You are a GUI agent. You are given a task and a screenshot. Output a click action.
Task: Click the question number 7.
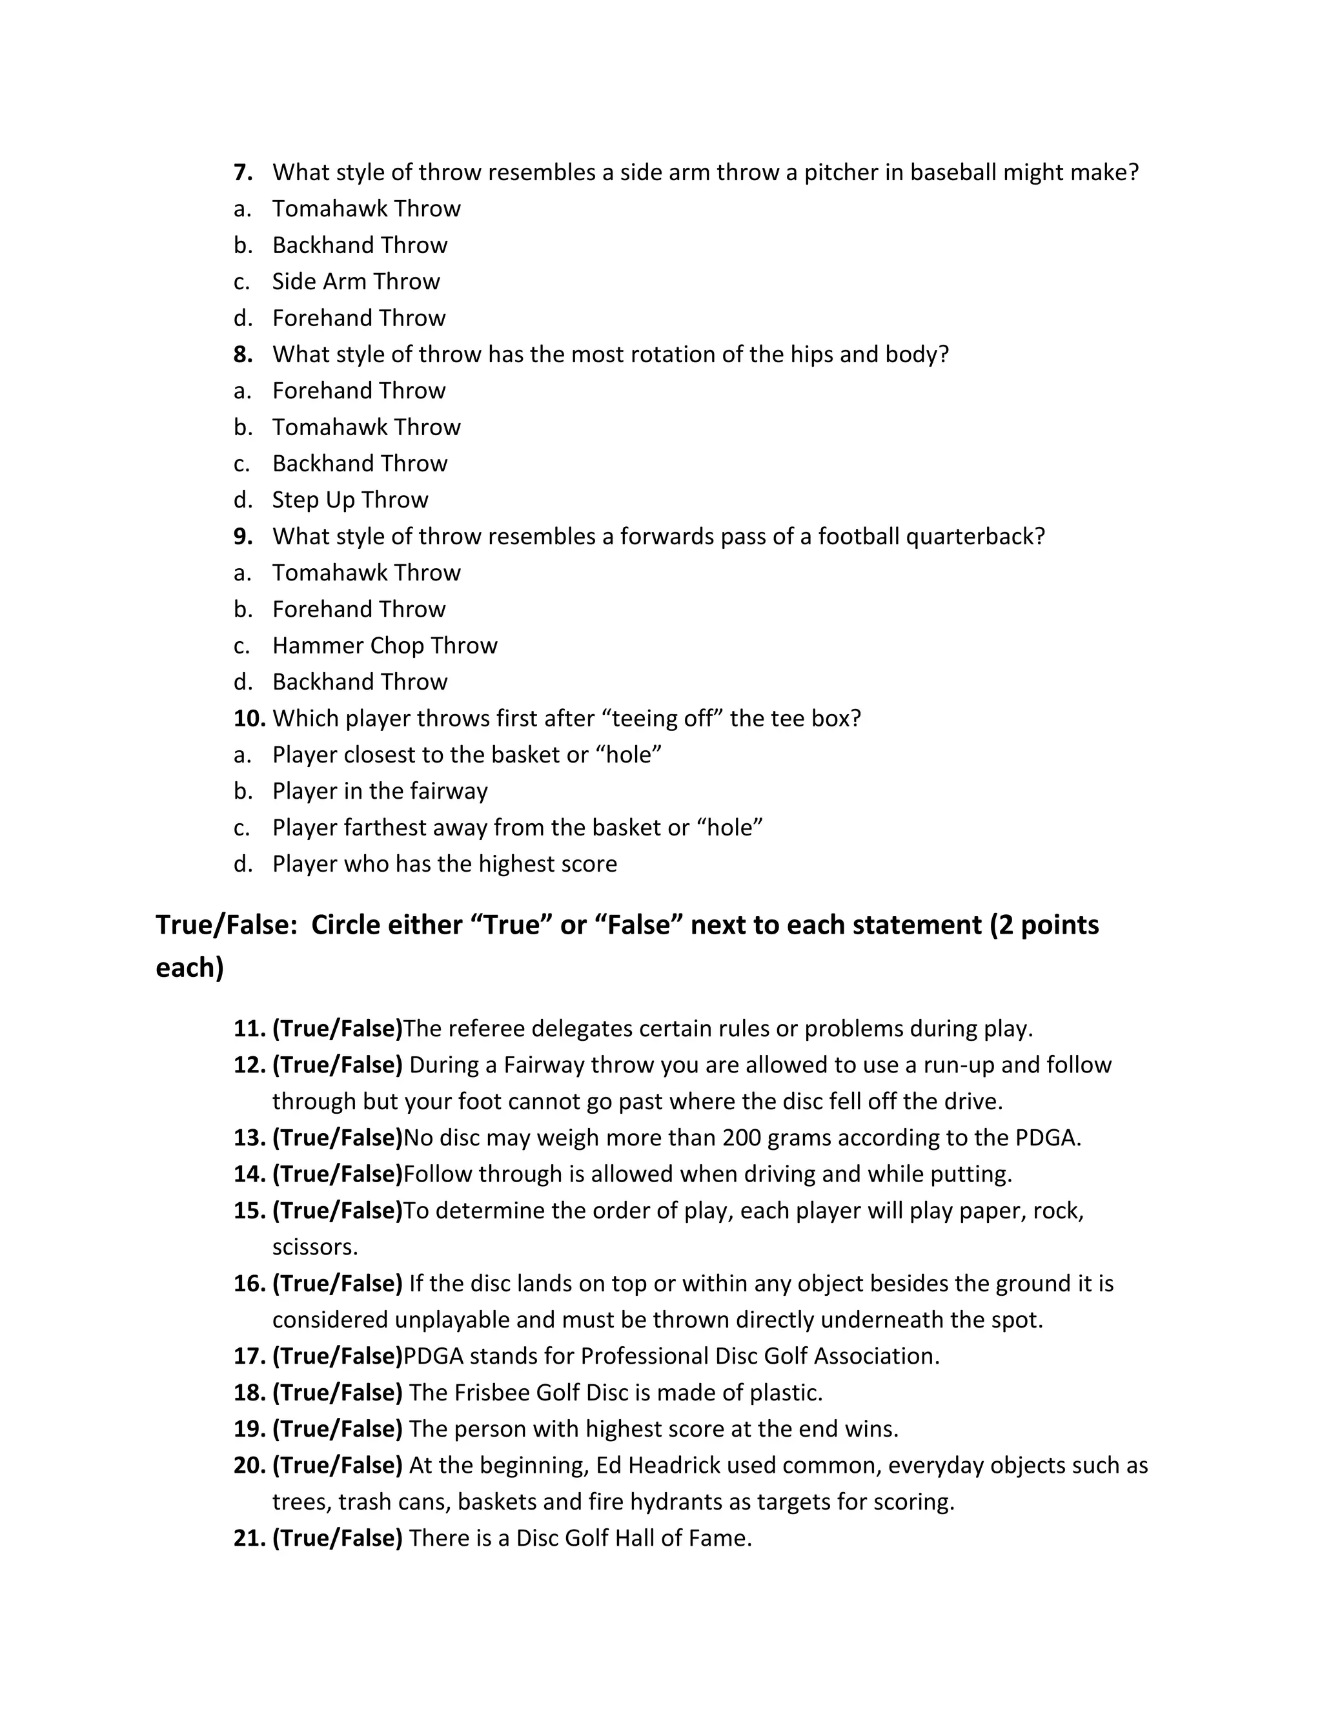click(243, 172)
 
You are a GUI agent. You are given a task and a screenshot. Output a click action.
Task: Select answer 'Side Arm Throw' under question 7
click(356, 282)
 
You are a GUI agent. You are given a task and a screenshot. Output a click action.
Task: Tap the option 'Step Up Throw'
click(350, 500)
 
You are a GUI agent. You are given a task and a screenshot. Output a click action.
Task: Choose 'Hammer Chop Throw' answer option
click(385, 646)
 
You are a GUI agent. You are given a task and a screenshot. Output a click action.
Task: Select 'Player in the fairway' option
click(380, 792)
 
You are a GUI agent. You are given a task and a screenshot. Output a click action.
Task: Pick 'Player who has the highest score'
click(444, 864)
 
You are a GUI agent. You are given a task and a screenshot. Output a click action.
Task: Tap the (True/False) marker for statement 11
click(337, 1029)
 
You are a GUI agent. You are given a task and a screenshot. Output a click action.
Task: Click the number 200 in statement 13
click(742, 1138)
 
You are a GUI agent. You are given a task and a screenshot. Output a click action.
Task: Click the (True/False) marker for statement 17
click(337, 1356)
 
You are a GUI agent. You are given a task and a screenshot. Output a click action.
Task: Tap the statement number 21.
click(249, 1538)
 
